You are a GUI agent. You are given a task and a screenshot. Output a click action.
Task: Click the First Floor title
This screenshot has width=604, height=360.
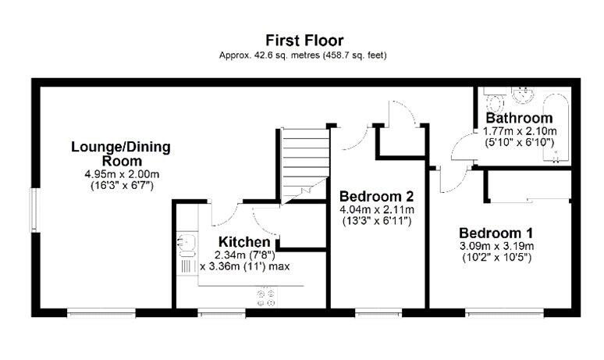[304, 41]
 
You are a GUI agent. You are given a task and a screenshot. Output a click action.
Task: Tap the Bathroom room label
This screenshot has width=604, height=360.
[519, 118]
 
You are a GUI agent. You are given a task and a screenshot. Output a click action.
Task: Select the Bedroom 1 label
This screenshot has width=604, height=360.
[496, 233]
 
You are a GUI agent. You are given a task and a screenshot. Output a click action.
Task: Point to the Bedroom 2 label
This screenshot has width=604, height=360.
[376, 197]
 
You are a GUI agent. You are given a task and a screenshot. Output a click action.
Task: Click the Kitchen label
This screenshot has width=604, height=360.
[244, 242]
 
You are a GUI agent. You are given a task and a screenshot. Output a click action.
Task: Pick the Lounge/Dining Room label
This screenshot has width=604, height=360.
[121, 154]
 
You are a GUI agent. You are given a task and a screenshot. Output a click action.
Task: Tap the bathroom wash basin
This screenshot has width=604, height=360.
[523, 94]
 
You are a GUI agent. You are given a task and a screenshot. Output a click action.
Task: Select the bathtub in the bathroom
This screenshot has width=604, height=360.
[556, 127]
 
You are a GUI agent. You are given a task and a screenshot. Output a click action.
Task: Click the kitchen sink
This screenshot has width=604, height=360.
[187, 246]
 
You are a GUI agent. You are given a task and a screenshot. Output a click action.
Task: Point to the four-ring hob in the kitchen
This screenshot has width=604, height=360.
[266, 298]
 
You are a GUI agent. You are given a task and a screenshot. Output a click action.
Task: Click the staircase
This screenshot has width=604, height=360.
[305, 166]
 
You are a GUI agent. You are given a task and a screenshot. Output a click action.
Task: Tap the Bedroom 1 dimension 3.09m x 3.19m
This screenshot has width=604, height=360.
[496, 246]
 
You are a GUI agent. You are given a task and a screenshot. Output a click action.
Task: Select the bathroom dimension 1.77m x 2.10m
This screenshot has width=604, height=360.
[519, 131]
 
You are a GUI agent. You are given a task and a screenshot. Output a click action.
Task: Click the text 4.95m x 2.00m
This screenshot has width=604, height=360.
[122, 174]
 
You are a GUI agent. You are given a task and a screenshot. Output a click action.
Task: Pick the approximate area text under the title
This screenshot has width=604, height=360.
[303, 55]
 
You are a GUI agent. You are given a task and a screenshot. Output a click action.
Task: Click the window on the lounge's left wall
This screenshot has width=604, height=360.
[34, 210]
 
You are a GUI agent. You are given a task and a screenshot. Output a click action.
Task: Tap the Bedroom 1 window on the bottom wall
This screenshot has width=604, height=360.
[505, 312]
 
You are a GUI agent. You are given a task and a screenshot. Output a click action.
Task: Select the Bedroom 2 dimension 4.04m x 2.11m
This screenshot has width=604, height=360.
[376, 210]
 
